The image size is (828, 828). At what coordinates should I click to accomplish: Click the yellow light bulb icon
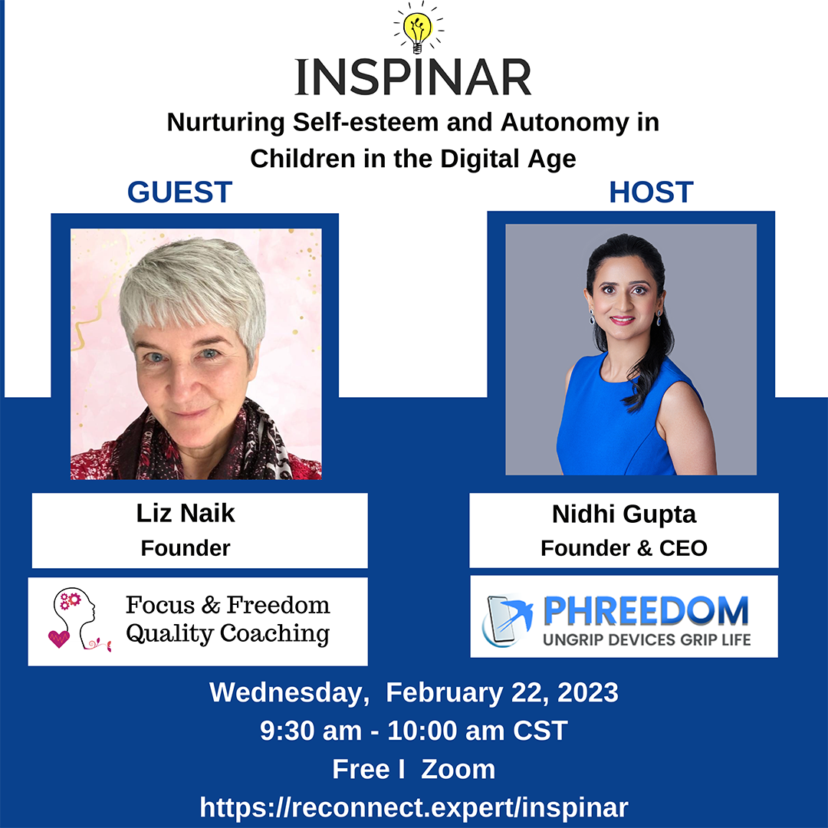pyautogui.click(x=418, y=31)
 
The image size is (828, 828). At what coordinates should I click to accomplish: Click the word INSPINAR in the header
pyautogui.click(x=413, y=77)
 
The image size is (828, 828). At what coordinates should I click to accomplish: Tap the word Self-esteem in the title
pyautogui.click(x=366, y=123)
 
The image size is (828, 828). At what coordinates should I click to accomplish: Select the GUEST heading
pyautogui.click(x=179, y=192)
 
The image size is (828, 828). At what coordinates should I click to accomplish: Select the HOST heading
pyautogui.click(x=651, y=192)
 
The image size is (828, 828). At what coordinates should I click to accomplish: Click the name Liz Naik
pyautogui.click(x=186, y=513)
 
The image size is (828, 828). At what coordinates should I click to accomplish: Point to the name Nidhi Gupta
pyautogui.click(x=623, y=515)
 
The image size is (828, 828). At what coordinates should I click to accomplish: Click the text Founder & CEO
pyautogui.click(x=623, y=548)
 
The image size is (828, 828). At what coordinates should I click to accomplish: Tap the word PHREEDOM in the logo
pyautogui.click(x=646, y=611)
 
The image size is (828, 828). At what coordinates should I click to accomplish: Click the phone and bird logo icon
pyautogui.click(x=507, y=619)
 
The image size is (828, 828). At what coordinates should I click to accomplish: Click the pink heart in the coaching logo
pyautogui.click(x=58, y=639)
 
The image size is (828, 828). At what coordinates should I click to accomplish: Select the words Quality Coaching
pyautogui.click(x=228, y=634)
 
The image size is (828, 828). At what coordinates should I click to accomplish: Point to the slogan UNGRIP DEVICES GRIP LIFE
pyautogui.click(x=647, y=640)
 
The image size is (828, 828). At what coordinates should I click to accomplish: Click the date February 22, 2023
pyautogui.click(x=501, y=692)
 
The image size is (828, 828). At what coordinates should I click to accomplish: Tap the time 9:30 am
pyautogui.click(x=310, y=731)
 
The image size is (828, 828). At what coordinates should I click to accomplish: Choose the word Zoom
pyautogui.click(x=458, y=770)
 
